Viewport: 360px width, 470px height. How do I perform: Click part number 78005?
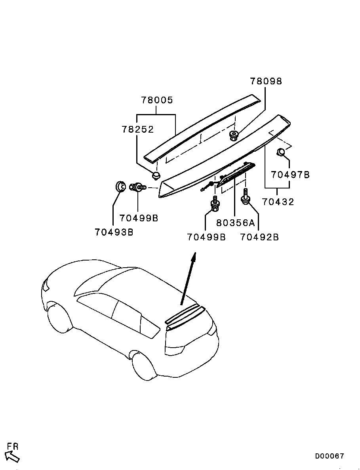click(x=157, y=100)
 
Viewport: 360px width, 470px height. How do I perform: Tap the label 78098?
click(x=266, y=81)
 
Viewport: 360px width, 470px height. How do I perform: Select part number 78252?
click(x=137, y=129)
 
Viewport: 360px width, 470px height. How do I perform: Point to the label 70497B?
click(x=290, y=175)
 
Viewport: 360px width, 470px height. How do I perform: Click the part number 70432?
click(x=278, y=202)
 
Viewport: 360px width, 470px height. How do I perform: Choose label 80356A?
click(x=235, y=223)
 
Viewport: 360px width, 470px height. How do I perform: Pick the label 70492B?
click(x=259, y=237)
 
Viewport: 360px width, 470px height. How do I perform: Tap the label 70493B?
click(x=114, y=232)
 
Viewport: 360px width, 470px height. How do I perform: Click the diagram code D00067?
click(x=330, y=456)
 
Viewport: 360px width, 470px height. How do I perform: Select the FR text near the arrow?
click(x=13, y=447)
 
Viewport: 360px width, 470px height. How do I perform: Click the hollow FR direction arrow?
click(x=13, y=457)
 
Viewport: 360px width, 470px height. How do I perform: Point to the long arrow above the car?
click(x=188, y=279)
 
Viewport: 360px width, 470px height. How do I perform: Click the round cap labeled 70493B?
click(x=120, y=186)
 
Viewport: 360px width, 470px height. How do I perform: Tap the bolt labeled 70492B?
click(x=246, y=198)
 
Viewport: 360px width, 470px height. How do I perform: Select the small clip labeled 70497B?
click(x=280, y=152)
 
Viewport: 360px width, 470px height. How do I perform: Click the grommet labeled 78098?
click(x=234, y=135)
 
